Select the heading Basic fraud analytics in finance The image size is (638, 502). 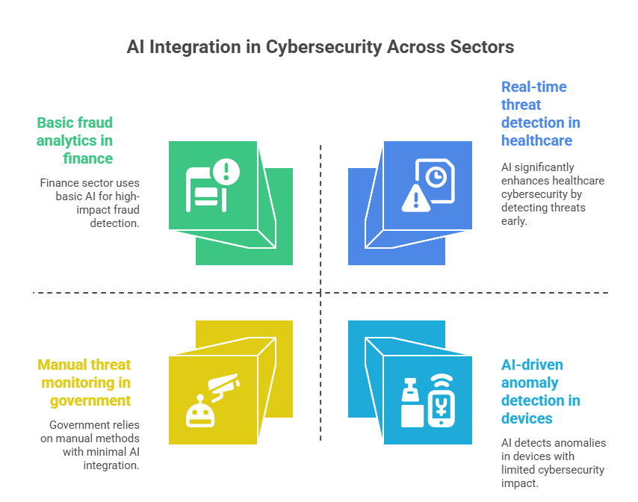tap(75, 140)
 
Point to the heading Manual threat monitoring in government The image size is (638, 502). tap(84, 382)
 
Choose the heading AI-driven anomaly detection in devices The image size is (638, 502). tap(542, 391)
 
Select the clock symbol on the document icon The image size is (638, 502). tap(436, 176)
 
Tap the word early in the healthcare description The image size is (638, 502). tap(514, 221)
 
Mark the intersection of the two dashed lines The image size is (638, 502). tap(320, 293)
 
